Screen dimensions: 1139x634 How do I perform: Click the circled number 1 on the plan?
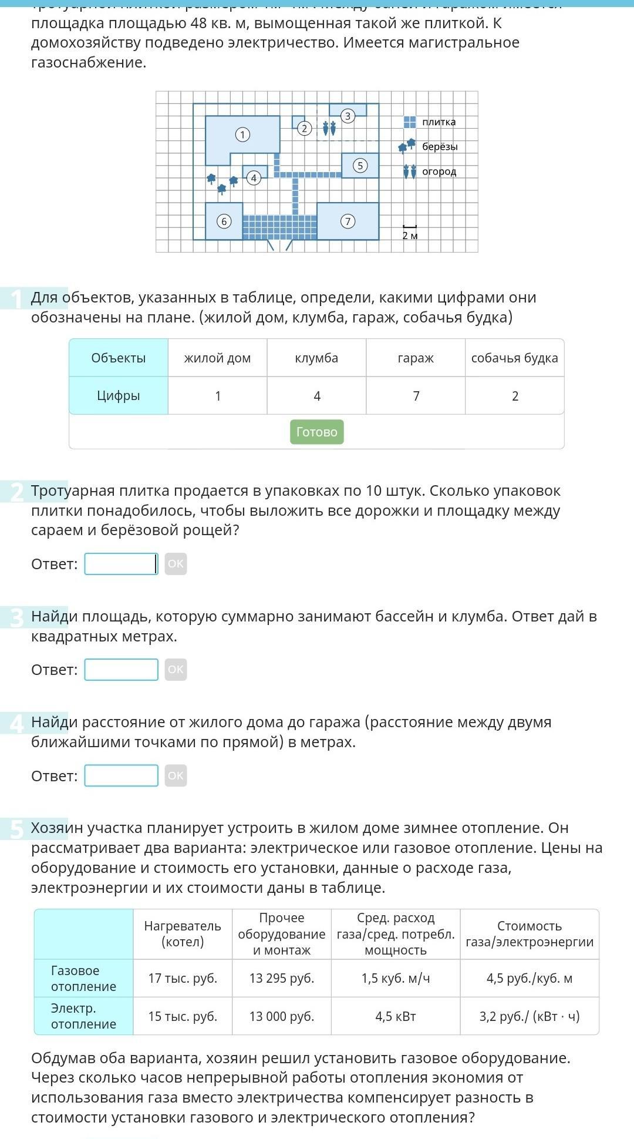tap(242, 135)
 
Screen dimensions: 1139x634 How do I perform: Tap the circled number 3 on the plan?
tap(348, 116)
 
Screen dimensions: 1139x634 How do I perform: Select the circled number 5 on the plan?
tap(360, 166)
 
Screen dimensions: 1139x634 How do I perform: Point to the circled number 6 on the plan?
tap(223, 221)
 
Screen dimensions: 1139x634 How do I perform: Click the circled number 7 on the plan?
tap(348, 221)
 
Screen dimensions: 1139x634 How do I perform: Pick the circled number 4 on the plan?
tap(254, 178)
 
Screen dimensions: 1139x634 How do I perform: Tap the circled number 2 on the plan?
tap(304, 128)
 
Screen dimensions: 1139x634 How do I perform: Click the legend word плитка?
tap(439, 122)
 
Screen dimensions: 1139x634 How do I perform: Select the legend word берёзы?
tap(440, 147)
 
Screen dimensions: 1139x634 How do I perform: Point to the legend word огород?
tap(439, 172)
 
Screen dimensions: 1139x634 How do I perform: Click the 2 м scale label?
tap(410, 236)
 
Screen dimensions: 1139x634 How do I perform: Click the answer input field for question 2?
tap(121, 564)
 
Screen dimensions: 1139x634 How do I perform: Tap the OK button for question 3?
tap(176, 670)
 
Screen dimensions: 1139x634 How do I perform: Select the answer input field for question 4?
tap(121, 775)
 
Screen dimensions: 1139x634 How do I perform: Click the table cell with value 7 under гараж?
tap(416, 396)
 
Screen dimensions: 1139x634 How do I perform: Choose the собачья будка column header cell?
tap(515, 358)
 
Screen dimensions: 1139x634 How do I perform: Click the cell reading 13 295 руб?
tap(282, 978)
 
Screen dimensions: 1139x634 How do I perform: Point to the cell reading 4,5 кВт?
tap(396, 1016)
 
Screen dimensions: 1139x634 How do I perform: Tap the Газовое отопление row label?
tap(84, 978)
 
